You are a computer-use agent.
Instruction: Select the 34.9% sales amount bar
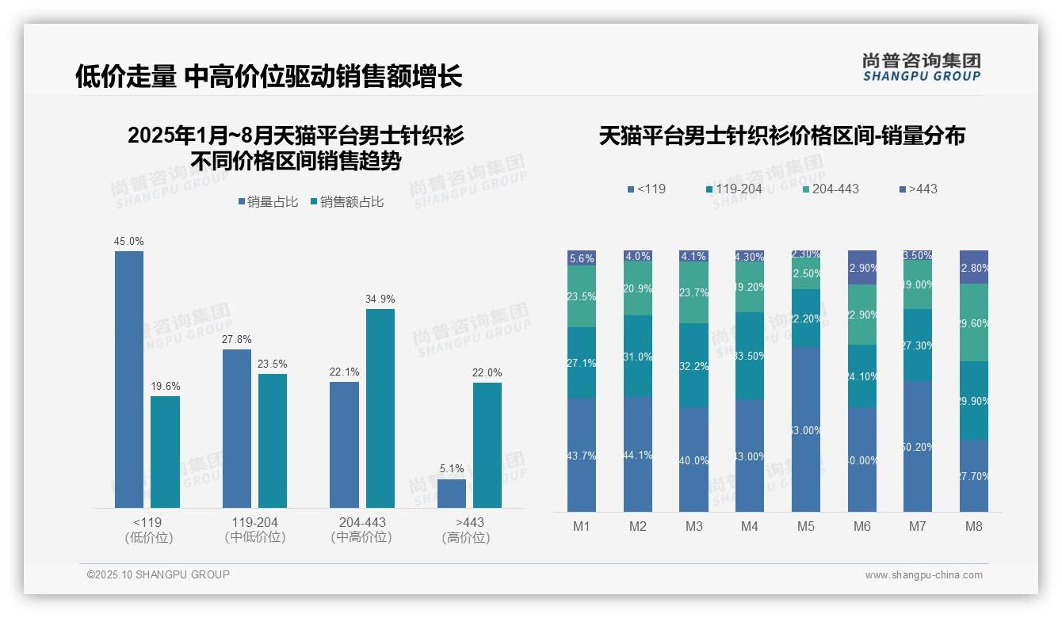[380, 408]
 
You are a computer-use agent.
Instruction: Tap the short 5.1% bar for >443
[451, 493]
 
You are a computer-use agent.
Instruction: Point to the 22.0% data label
[487, 373]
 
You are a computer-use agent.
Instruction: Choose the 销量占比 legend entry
[268, 202]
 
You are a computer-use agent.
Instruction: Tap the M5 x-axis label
[805, 526]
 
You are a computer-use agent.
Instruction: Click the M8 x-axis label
[973, 526]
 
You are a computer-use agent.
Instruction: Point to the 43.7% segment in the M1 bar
[582, 455]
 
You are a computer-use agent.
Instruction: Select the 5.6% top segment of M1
[582, 258]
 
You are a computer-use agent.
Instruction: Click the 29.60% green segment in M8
[973, 322]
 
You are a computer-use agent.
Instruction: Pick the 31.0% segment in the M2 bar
[638, 357]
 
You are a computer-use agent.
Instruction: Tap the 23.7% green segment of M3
[693, 293]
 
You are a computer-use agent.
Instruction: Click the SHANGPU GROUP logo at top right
[921, 67]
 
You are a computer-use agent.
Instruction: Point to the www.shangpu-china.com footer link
[923, 575]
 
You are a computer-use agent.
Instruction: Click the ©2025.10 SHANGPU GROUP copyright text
[158, 574]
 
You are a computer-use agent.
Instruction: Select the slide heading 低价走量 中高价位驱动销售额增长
[269, 77]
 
